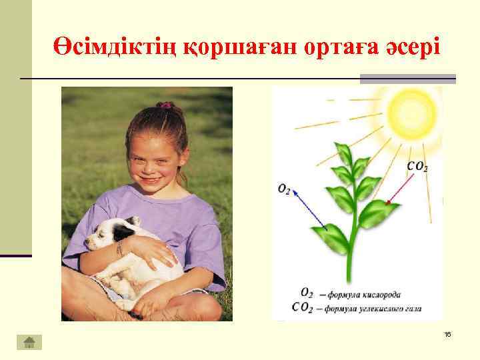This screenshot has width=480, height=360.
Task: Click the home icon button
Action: coord(29,342)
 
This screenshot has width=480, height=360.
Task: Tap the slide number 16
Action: coord(447,333)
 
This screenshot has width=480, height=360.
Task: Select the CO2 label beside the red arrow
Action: coord(417,167)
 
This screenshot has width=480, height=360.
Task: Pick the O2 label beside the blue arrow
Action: coord(285,190)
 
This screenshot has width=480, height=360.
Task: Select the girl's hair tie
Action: coord(164,105)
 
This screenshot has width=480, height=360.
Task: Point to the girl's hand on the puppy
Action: coord(151,251)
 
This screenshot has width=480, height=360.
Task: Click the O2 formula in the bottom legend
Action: coord(307,293)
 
